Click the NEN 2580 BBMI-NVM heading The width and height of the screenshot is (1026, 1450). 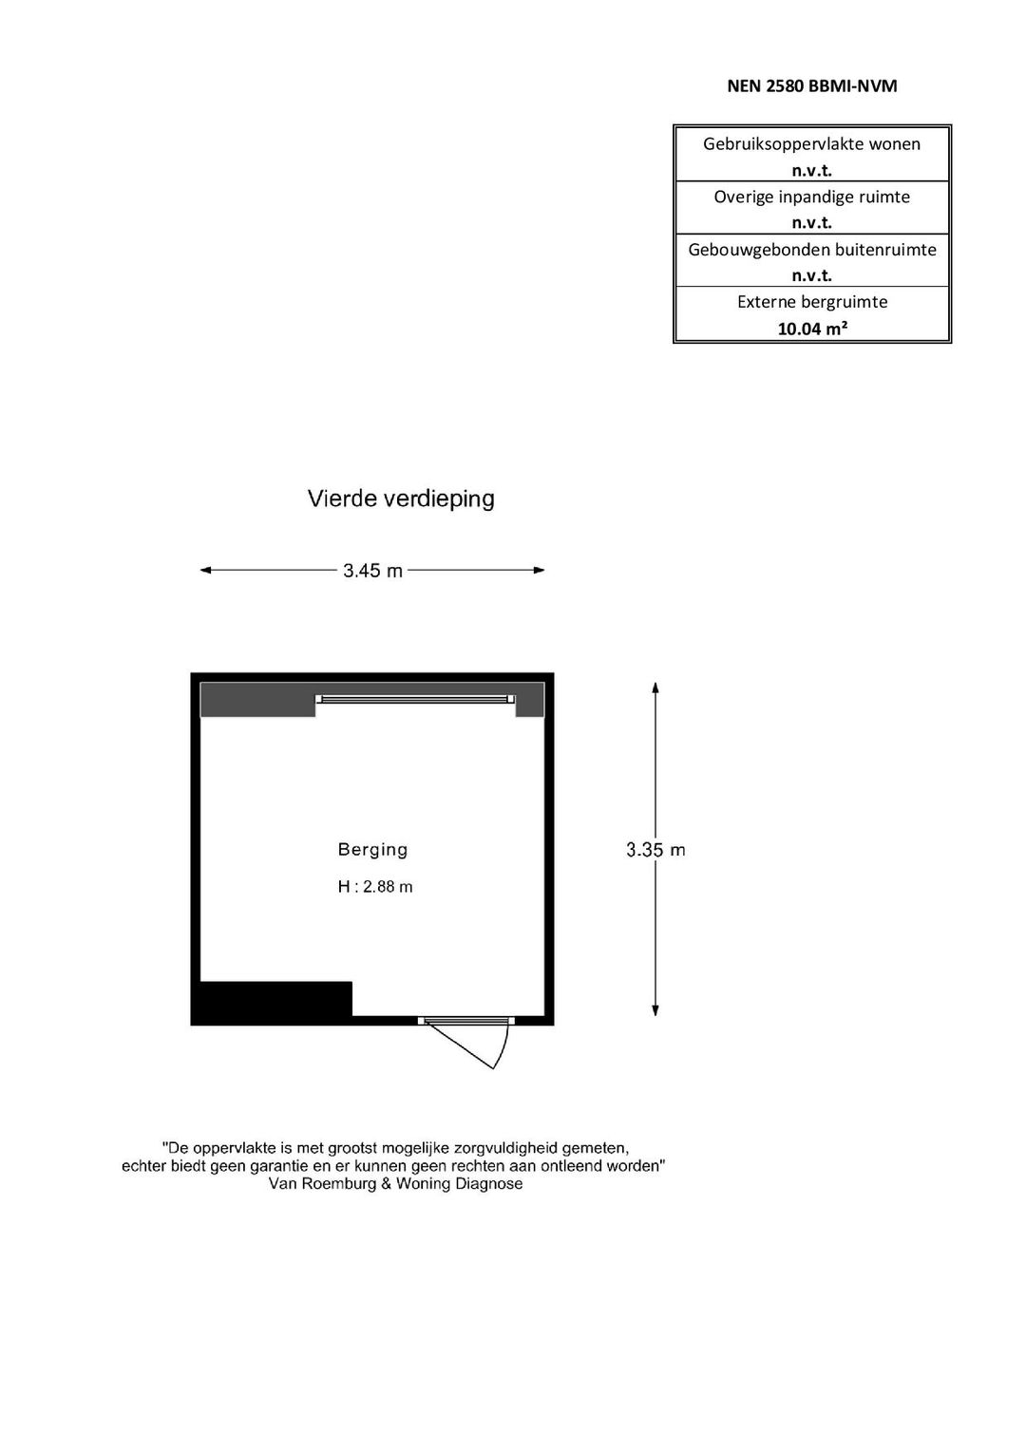(811, 86)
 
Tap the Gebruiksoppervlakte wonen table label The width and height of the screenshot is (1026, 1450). (811, 144)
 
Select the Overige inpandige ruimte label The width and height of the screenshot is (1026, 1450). (811, 197)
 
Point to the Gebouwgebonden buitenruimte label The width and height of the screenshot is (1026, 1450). (811, 250)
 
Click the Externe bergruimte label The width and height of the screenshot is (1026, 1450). (811, 302)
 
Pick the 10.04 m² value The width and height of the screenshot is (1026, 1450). (811, 329)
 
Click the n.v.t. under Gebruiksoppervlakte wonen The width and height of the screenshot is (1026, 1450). (811, 171)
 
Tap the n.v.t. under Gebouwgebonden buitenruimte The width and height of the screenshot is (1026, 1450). (811, 275)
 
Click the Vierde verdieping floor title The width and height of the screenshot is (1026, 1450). (401, 499)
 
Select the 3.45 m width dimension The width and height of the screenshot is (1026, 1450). (372, 571)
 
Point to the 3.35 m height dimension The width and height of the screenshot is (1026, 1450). (655, 850)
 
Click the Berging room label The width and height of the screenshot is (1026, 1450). (372, 850)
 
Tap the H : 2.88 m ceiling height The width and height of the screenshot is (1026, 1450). (375, 887)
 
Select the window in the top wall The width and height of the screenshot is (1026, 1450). (415, 699)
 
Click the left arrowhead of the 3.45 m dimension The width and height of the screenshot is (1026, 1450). (205, 571)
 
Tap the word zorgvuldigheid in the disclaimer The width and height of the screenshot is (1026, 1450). (475, 1148)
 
